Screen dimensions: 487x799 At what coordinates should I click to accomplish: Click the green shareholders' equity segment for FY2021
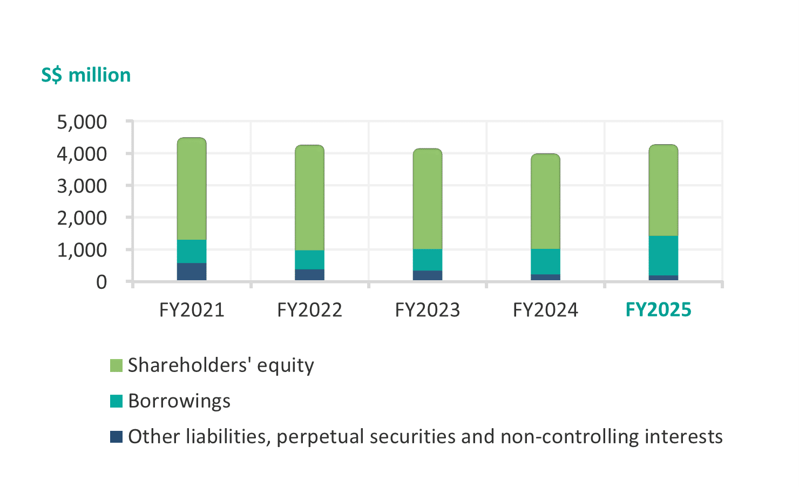pyautogui.click(x=192, y=189)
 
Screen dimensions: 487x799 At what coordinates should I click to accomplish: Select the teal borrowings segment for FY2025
pyautogui.click(x=663, y=255)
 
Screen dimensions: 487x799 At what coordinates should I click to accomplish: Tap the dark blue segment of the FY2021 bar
pyautogui.click(x=192, y=272)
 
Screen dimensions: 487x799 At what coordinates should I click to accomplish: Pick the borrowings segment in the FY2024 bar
pyautogui.click(x=545, y=262)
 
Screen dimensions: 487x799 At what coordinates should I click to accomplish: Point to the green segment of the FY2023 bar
pyautogui.click(x=428, y=199)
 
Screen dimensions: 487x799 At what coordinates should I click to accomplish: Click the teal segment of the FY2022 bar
pyautogui.click(x=309, y=260)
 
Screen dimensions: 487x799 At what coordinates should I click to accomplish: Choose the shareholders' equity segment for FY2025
pyautogui.click(x=663, y=190)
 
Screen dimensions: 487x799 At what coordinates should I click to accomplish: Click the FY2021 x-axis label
pyautogui.click(x=192, y=310)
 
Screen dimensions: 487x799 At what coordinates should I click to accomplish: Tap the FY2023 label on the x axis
pyautogui.click(x=428, y=310)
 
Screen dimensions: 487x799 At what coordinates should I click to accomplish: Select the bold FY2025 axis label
pyautogui.click(x=658, y=310)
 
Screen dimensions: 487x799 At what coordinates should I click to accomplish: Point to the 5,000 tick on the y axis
pyautogui.click(x=82, y=122)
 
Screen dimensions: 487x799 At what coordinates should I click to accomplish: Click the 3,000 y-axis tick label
pyautogui.click(x=82, y=186)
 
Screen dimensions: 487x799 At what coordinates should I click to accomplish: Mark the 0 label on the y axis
pyautogui.click(x=101, y=282)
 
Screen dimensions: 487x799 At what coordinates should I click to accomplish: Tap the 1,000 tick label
pyautogui.click(x=82, y=250)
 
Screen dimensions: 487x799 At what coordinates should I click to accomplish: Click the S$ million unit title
pyautogui.click(x=86, y=75)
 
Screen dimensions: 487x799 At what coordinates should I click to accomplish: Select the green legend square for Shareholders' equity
pyautogui.click(x=116, y=366)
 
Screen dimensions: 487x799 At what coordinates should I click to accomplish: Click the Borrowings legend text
pyautogui.click(x=179, y=401)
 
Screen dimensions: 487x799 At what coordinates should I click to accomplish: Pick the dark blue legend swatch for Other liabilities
pyautogui.click(x=116, y=437)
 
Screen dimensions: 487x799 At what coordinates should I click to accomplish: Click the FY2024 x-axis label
pyautogui.click(x=545, y=310)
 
